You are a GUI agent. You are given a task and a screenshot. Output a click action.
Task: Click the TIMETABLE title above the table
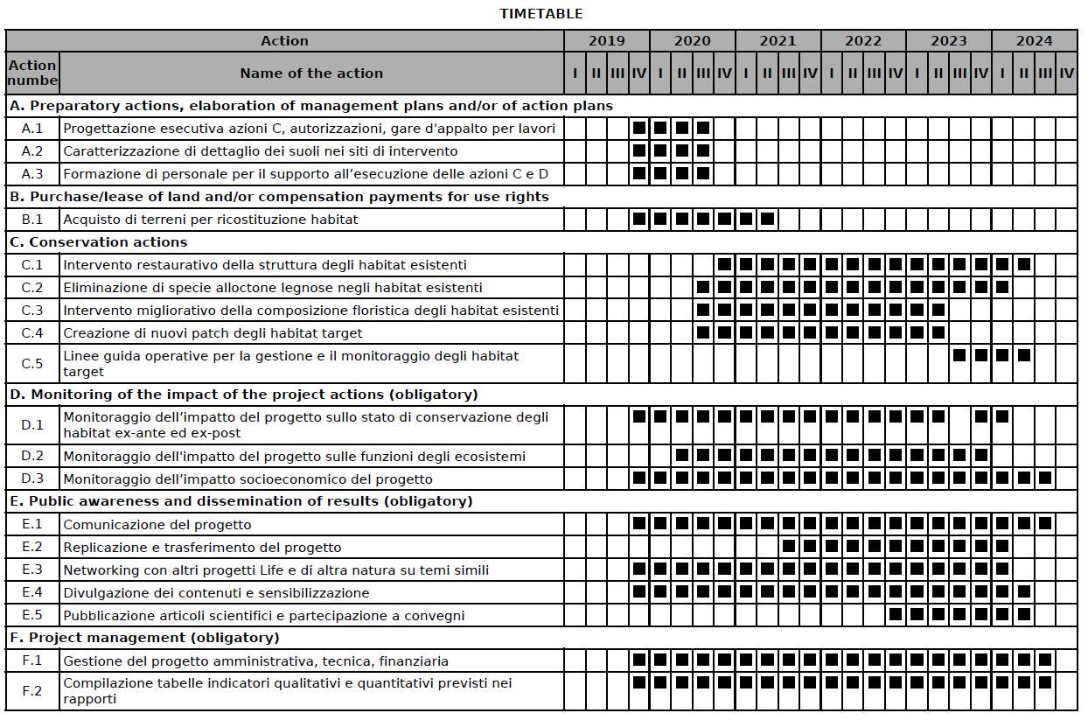tap(541, 14)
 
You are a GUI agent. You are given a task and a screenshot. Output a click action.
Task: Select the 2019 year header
tap(606, 41)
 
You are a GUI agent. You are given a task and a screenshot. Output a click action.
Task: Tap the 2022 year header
tap(863, 41)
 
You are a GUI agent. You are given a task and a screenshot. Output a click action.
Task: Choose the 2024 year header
tap(1035, 41)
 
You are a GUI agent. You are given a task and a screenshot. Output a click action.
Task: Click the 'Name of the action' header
tap(311, 73)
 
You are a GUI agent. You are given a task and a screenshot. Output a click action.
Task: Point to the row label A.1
tap(32, 129)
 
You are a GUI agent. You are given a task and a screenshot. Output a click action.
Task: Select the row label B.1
tap(32, 220)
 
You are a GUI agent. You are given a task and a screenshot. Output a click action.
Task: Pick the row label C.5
tap(32, 364)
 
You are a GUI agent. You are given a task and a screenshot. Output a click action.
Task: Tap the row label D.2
tap(32, 456)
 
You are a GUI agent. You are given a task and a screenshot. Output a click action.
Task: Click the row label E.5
tap(32, 616)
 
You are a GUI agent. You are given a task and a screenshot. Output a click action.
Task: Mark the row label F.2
tap(32, 691)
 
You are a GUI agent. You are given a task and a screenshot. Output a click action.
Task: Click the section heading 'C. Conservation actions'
tap(98, 242)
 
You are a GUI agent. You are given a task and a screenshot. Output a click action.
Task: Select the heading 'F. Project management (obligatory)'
tap(144, 638)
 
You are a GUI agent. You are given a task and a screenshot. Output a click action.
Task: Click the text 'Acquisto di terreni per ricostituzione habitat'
tap(210, 220)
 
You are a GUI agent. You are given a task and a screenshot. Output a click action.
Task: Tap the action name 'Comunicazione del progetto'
tap(157, 525)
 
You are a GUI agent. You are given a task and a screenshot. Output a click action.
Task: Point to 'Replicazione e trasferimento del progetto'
tap(202, 548)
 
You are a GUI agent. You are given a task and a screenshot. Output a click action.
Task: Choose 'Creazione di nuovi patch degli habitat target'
tap(213, 333)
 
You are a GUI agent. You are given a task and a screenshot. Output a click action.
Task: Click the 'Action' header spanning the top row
tap(284, 41)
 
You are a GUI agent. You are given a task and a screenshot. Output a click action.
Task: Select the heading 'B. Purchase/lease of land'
tap(279, 197)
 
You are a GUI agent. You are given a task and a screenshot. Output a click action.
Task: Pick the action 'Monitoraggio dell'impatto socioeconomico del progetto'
tap(248, 479)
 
